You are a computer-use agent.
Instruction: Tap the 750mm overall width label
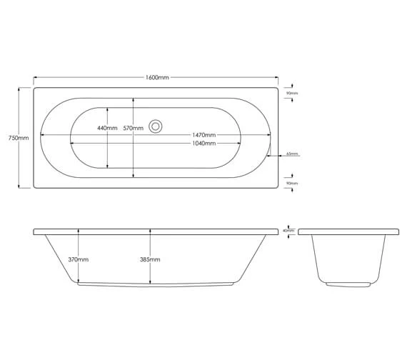tap(18, 138)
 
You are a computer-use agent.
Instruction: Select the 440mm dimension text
tap(106, 128)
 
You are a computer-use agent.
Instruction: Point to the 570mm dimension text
tap(133, 128)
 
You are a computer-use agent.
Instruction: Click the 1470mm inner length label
tap(203, 135)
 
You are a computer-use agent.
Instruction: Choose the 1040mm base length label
tap(203, 144)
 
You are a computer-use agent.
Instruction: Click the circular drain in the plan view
tap(155, 127)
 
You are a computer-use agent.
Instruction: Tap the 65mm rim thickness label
tap(292, 154)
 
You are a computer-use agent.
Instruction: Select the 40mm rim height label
tap(288, 231)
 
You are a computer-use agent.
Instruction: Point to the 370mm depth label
tap(79, 260)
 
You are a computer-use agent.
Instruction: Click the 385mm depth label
tap(151, 260)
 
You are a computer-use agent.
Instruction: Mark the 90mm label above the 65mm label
tap(292, 94)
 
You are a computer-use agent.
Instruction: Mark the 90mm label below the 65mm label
tap(292, 184)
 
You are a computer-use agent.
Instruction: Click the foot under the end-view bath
tap(348, 284)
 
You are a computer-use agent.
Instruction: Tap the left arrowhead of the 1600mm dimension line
tap(35, 78)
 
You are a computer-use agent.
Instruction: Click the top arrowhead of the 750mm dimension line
tap(19, 89)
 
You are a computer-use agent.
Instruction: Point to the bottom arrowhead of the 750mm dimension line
tap(19, 186)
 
